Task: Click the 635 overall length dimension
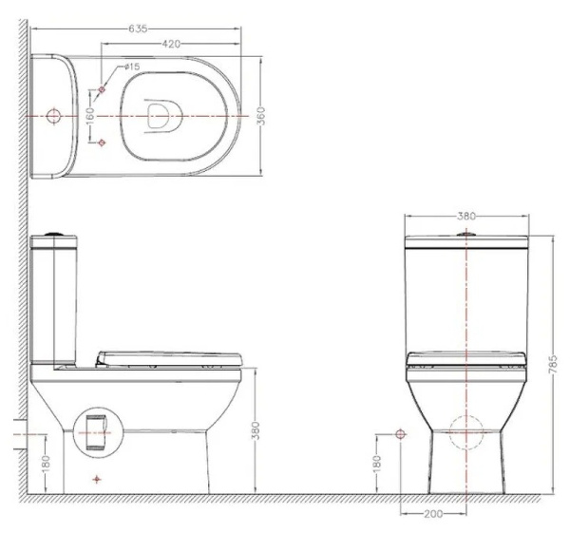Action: (138, 29)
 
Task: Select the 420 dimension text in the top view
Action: (171, 44)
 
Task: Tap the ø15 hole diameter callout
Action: (132, 67)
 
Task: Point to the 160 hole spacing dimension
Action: (90, 116)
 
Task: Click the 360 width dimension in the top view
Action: (261, 116)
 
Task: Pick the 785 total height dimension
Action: (552, 364)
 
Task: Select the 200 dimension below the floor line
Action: (433, 514)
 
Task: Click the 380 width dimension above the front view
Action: (466, 217)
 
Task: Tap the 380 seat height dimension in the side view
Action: (256, 430)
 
